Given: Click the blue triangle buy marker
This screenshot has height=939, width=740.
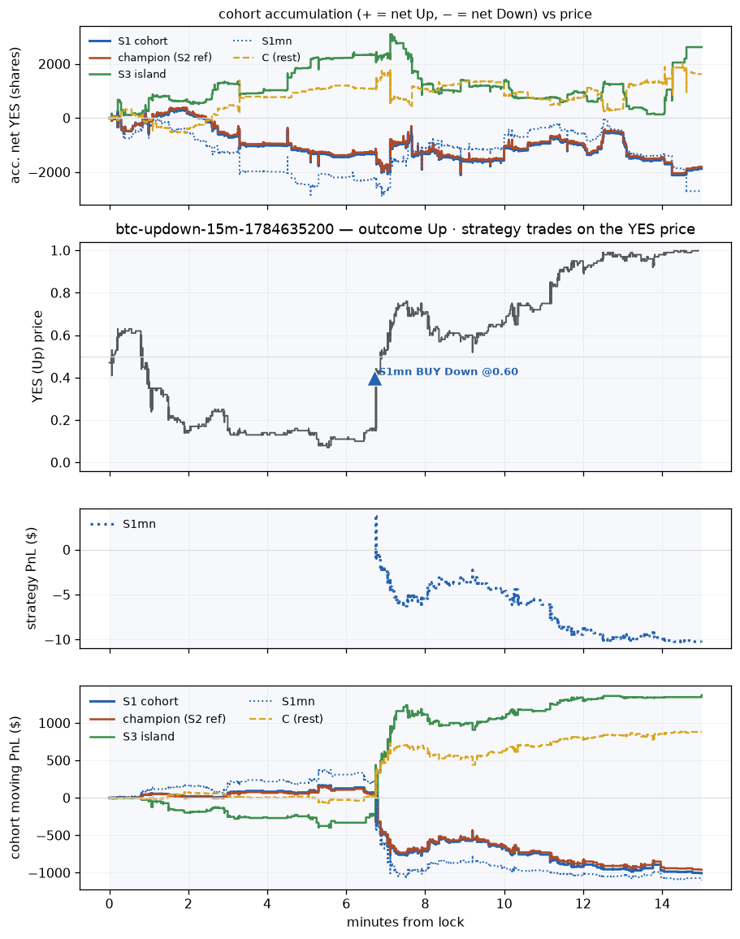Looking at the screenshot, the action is click(x=374, y=379).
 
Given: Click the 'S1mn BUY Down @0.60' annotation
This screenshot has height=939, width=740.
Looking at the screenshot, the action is click(x=448, y=372).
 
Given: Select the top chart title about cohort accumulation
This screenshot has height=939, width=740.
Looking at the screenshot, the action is click(x=405, y=14).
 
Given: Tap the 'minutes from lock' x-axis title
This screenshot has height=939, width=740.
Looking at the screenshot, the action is click(x=405, y=922).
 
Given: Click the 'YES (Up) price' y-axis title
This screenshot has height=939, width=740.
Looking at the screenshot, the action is click(x=37, y=357).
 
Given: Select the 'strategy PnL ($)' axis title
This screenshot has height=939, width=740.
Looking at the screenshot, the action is click(x=31, y=578).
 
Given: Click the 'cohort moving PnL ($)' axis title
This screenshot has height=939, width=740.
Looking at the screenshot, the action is click(x=15, y=787).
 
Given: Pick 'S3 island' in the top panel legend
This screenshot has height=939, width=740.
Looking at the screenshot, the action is click(x=142, y=74).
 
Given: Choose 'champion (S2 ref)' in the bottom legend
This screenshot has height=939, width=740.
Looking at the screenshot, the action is click(x=174, y=719).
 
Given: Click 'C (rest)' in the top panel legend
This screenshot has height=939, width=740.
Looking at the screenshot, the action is click(x=281, y=58).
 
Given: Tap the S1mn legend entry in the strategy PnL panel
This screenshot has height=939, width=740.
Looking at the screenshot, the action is click(x=139, y=524).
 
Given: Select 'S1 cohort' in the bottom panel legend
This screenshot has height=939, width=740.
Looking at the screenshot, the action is click(x=150, y=701).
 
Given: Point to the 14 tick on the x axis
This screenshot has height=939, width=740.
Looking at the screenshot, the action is click(x=662, y=904).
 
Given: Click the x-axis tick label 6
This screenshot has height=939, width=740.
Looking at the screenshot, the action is click(x=346, y=904).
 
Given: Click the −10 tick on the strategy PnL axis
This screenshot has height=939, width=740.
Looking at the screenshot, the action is click(x=58, y=640).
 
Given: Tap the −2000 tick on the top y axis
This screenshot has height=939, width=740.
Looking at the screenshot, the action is click(x=50, y=172).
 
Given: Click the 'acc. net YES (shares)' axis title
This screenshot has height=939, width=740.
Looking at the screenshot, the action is click(x=15, y=115).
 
